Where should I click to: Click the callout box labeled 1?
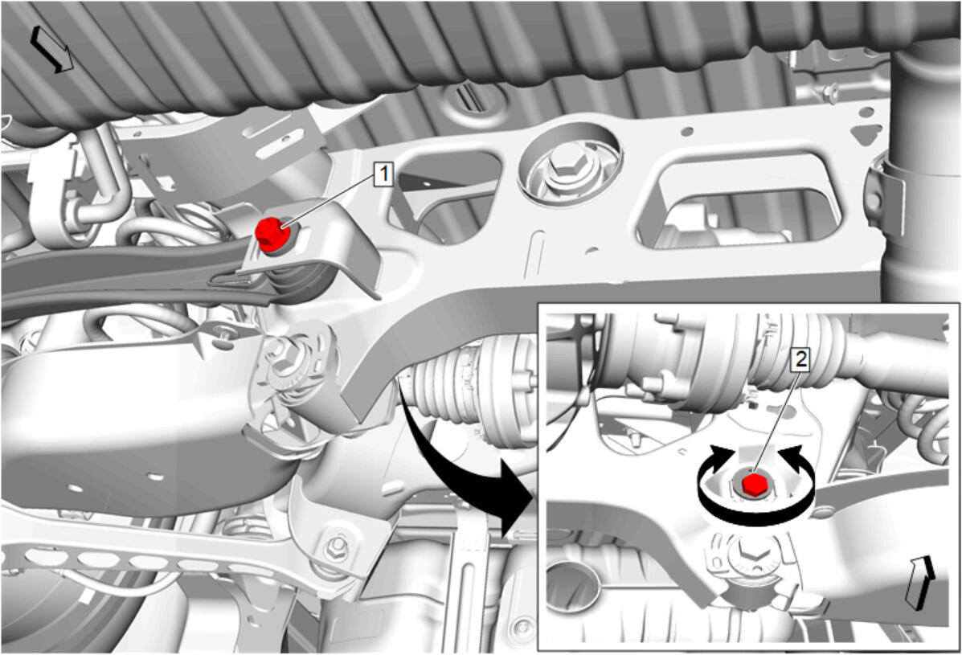(384, 174)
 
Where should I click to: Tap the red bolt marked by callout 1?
(272, 235)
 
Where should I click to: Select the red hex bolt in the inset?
(753, 483)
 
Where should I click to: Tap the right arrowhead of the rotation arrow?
(792, 457)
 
